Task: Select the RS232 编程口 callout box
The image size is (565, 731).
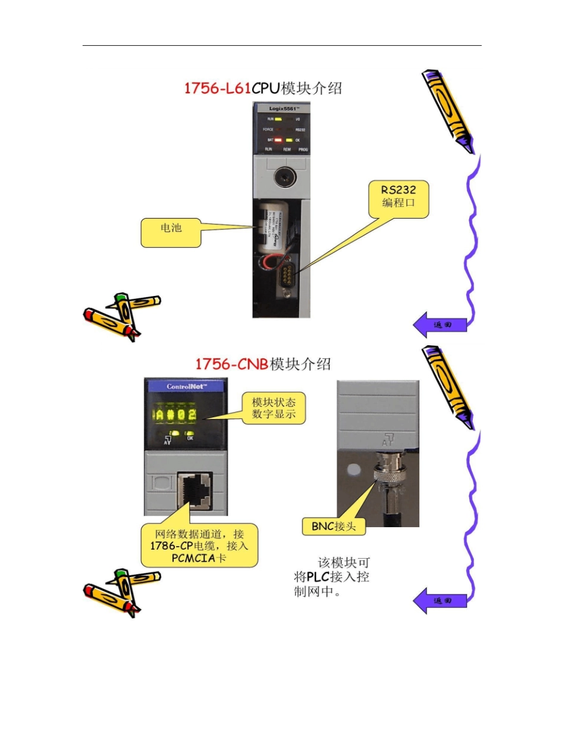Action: [x=398, y=200]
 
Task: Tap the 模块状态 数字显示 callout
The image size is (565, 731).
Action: [x=274, y=408]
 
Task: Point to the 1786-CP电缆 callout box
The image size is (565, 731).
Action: [x=199, y=545]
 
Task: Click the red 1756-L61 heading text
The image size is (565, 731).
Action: [x=218, y=89]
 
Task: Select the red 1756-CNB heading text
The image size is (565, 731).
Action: [x=232, y=364]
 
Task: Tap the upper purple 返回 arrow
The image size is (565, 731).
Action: [x=440, y=325]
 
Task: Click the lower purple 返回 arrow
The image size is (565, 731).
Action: [x=440, y=600]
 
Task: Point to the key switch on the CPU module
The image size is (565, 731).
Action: [x=281, y=177]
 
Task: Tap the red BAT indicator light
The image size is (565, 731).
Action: [x=278, y=140]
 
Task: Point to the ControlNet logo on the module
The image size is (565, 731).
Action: [x=186, y=386]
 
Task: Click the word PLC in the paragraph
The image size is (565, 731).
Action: [x=321, y=576]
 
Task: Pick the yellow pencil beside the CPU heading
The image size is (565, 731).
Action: [x=447, y=111]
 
